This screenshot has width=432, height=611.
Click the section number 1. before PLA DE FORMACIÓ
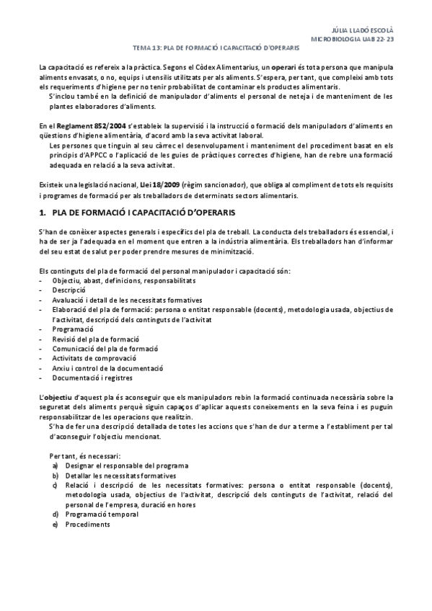pos(42,213)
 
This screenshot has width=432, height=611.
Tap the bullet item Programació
pos(73,328)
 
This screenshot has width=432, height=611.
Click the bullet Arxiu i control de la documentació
pos(106,367)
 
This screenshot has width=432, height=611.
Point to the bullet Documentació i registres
pos(92,377)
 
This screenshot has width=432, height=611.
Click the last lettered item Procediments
pos(87,525)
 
